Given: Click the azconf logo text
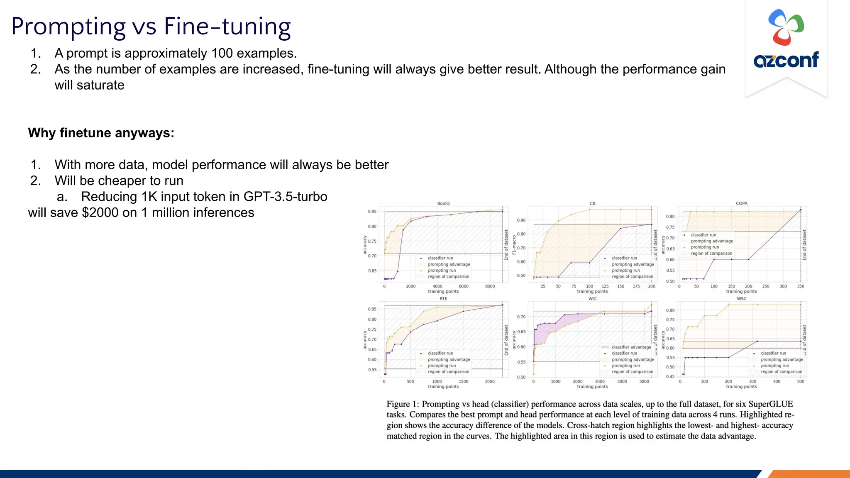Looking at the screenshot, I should (786, 60).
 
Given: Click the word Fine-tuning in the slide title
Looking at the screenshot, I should (227, 27).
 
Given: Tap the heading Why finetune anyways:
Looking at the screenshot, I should (101, 133).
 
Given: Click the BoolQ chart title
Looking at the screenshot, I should (443, 203).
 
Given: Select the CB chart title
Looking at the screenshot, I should (592, 203).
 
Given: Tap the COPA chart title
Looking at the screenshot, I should (741, 203).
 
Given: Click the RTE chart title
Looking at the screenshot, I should (443, 298).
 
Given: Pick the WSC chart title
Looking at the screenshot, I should (741, 298).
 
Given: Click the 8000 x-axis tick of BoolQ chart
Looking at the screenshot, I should (490, 286).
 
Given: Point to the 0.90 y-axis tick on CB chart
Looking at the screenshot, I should (521, 220).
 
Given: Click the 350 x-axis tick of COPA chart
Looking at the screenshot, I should (801, 286).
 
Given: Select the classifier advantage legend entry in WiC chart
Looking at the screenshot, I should (631, 347).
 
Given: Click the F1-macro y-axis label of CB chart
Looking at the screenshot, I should (514, 245).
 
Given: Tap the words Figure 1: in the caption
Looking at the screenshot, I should (403, 404).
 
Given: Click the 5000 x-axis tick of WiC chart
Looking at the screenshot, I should (644, 381).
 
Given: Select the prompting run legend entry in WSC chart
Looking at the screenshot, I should (774, 366).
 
